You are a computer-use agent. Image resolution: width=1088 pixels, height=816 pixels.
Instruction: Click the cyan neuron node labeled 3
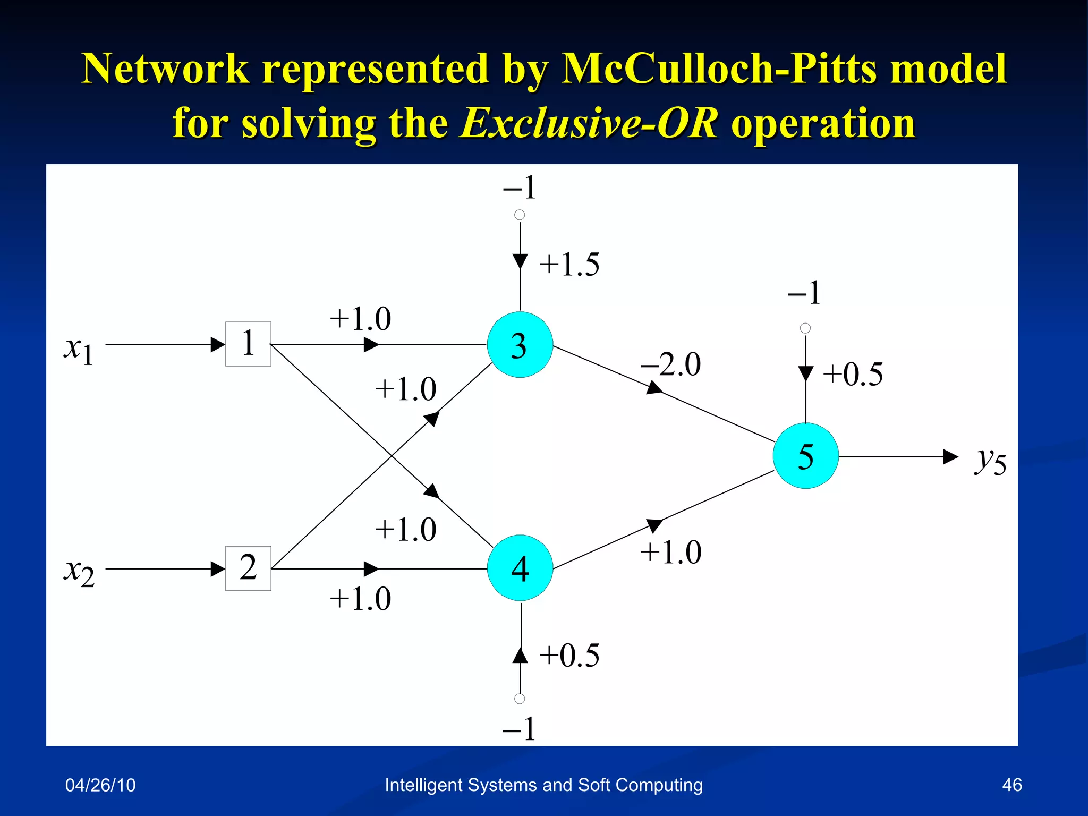[x=520, y=345]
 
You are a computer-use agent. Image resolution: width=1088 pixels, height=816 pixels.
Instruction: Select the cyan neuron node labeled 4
[x=520, y=568]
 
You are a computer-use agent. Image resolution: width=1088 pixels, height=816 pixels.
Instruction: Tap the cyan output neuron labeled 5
[x=805, y=456]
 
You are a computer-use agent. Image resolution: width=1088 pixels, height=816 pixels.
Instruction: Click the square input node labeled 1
[x=248, y=344]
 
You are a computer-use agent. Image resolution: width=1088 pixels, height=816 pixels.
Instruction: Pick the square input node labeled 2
[x=248, y=568]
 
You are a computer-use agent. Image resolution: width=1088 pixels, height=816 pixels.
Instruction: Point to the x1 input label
[x=79, y=350]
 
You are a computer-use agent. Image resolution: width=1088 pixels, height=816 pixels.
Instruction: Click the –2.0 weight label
[x=670, y=364]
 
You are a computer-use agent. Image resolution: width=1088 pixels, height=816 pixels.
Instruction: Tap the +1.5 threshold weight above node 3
[x=569, y=265]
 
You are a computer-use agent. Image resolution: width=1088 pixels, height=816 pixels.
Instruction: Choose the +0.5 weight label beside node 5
[x=853, y=374]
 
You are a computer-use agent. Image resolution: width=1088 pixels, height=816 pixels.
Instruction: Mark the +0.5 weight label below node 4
[x=569, y=655]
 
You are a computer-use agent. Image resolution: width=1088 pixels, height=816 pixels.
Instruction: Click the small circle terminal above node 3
[x=520, y=215]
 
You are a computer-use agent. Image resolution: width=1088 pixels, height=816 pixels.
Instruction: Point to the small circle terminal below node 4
[x=520, y=699]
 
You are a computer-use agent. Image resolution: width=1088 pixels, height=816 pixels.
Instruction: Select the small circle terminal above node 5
[x=805, y=328]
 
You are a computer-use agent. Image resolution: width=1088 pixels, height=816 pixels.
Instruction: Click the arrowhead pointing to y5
[x=950, y=456]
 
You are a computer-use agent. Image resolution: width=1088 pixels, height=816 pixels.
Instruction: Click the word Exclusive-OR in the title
[x=589, y=123]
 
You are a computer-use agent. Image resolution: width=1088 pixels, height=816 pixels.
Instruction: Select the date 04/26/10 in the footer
[x=100, y=785]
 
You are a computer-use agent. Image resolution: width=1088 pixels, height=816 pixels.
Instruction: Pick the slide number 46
[x=1011, y=785]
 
